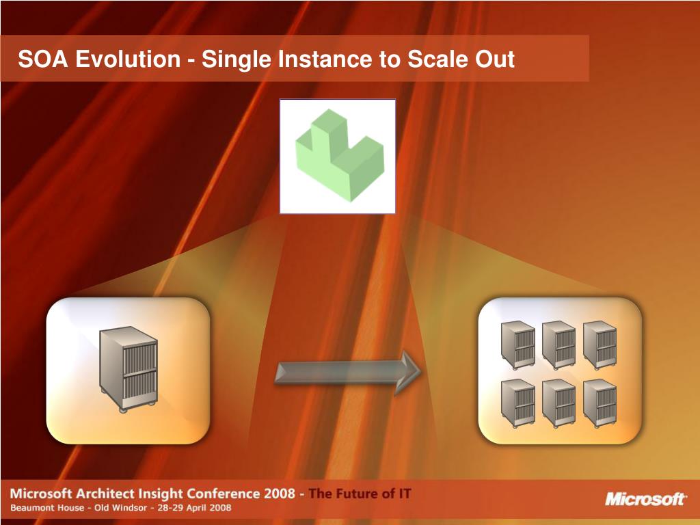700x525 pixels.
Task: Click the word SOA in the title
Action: (43, 59)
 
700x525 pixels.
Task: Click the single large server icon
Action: (128, 368)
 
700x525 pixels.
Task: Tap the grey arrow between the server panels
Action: (348, 373)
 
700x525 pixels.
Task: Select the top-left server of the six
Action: (518, 344)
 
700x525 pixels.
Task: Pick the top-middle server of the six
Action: (559, 345)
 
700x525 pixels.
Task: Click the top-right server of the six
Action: (600, 345)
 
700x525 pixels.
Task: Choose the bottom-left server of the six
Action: (518, 403)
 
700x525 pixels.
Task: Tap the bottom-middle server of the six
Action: (559, 403)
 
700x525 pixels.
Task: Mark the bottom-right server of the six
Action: (600, 403)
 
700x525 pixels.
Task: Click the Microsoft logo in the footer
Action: (645, 499)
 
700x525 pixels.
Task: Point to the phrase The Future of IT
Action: (360, 494)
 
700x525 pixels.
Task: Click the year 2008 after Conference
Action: (279, 494)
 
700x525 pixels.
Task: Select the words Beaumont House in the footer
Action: (47, 508)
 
